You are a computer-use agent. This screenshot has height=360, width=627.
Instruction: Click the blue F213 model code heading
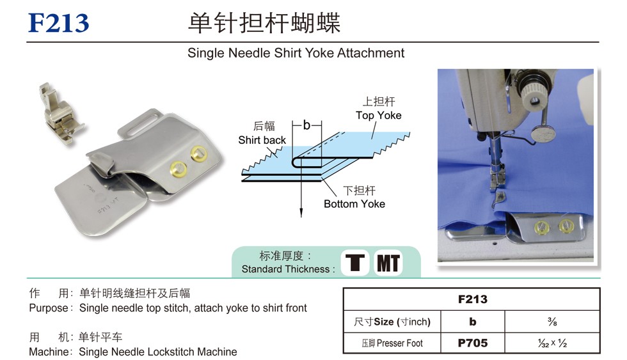pos(58,23)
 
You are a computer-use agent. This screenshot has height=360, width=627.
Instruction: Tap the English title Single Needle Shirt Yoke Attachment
pos(296,53)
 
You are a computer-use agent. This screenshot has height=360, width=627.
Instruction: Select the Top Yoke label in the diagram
pos(378,116)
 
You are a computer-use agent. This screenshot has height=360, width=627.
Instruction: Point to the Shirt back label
pos(262,140)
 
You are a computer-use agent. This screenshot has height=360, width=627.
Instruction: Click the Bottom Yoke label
pos(354,204)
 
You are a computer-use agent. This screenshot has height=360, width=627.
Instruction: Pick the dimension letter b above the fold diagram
pos(306,125)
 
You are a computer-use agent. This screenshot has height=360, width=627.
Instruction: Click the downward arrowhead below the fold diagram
pos(301,213)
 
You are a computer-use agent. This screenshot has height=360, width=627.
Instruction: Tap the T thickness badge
pos(355,263)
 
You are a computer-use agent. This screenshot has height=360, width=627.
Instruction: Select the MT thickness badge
pos(388,263)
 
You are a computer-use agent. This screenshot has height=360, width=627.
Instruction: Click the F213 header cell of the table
pos(472,299)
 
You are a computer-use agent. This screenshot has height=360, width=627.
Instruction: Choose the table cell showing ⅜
pos(552,321)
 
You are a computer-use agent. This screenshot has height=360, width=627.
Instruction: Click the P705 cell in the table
pos(473,343)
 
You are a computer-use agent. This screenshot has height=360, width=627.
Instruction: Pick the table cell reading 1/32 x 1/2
pos(552,343)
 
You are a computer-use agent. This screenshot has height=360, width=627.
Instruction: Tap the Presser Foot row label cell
pos(392,343)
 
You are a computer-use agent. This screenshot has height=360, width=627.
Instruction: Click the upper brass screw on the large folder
pos(198,153)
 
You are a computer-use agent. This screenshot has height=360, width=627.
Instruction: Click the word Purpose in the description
pos(49,308)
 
